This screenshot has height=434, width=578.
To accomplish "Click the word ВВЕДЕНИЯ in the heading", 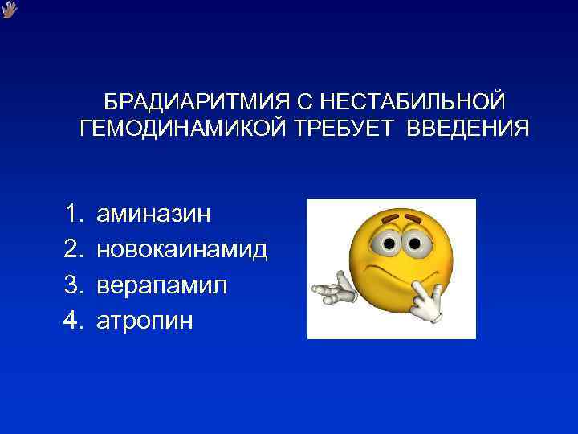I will pos(468,129).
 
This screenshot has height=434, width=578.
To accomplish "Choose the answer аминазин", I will pos(153,214).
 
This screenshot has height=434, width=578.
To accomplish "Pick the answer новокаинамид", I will pos(182,250).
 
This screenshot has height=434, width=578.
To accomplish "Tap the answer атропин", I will pos(144,321).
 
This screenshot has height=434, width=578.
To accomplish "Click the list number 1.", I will pos(74,214).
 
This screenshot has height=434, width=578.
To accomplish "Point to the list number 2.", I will pos(74,250).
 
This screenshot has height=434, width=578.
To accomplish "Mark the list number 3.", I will pos(74,285).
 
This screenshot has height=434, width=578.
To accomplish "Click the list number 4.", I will pos(74,321).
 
